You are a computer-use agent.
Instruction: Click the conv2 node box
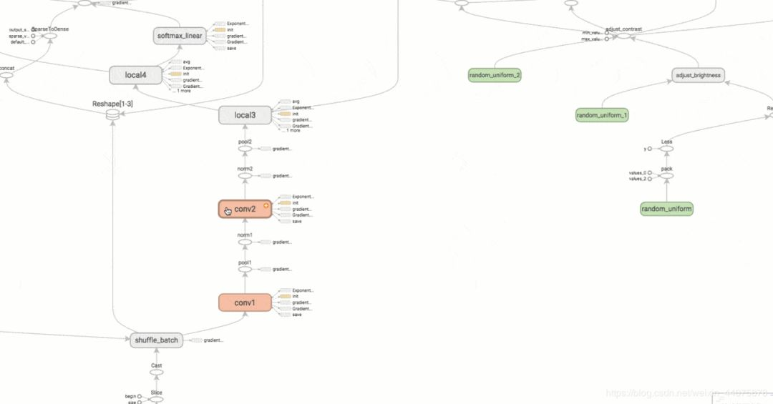point(245,209)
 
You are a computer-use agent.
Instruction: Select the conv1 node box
point(245,302)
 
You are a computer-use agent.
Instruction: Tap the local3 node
point(245,114)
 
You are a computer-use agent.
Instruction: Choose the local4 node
point(136,74)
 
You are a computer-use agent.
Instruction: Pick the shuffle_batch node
point(156,340)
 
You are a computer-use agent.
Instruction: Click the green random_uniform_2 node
point(495,75)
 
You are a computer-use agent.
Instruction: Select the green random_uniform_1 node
point(602,114)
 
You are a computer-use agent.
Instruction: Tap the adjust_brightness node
point(698,75)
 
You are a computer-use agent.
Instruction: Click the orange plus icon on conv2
point(266,205)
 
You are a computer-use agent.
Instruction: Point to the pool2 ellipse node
point(245,149)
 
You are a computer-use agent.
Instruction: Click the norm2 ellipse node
point(245,175)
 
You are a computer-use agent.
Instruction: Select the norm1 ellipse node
point(245,242)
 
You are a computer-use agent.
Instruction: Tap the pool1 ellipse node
point(245,270)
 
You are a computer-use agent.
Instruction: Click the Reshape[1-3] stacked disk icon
point(112,114)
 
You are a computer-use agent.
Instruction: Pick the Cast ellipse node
point(156,373)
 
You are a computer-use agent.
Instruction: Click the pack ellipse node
point(666,176)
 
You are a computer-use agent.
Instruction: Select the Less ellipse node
point(666,149)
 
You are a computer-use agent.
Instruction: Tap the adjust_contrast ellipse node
point(623,36)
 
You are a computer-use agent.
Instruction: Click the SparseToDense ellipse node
point(50,36)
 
